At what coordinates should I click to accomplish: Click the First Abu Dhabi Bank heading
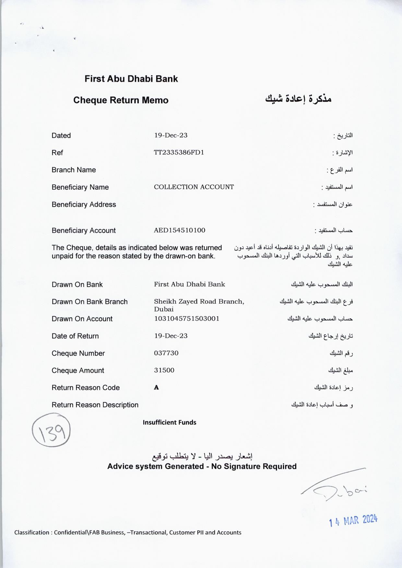pos(131,79)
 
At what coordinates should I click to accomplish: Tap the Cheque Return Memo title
pos(121,100)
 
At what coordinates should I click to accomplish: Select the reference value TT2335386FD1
pos(179,152)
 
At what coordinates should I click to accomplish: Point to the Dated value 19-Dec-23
pos(171,135)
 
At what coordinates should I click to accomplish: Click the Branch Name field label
pos(74,170)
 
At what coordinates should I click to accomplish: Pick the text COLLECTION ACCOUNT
pos(194,187)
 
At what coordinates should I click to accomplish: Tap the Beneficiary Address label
pos(84,204)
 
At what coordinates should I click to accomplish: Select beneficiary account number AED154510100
pos(179,230)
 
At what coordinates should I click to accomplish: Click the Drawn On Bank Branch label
pos(89,302)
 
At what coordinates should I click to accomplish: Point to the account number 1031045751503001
pos(186,319)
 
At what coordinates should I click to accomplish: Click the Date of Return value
pos(171,336)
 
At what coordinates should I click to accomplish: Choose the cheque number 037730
pos(166,353)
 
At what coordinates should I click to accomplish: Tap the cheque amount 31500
pos(164,370)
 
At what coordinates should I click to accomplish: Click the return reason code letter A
pos(157,388)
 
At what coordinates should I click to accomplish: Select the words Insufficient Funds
pos(169,422)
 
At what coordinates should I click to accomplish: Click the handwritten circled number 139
pos(51,430)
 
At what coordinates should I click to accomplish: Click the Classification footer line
pos(128,532)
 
